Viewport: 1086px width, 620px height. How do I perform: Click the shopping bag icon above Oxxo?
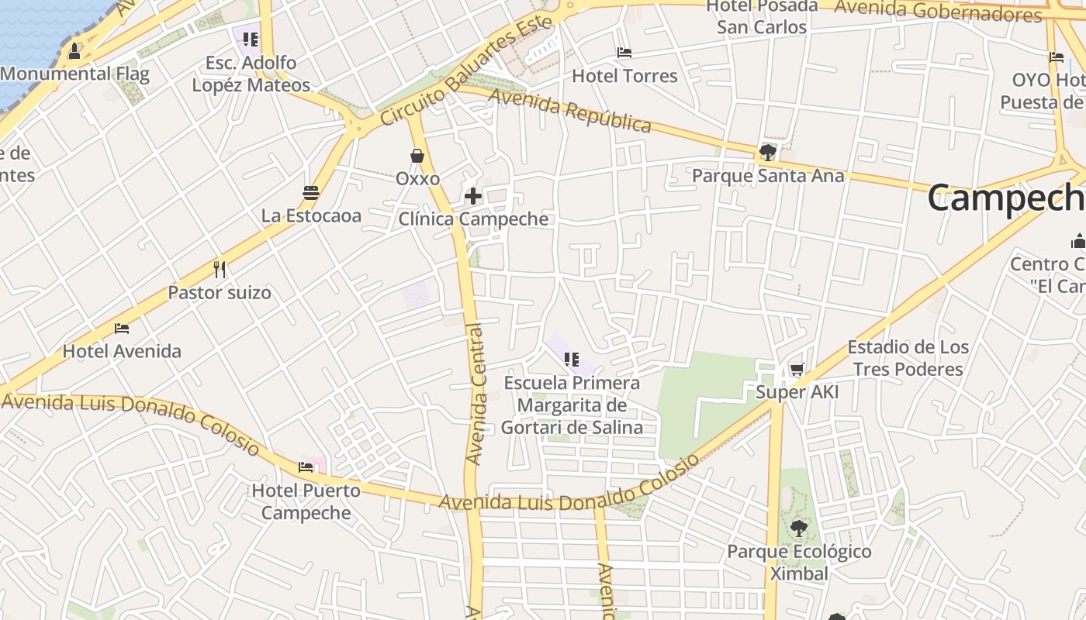click(417, 156)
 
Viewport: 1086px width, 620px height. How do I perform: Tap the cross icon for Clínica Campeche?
click(472, 196)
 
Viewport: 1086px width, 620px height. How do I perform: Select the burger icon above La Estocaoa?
click(311, 192)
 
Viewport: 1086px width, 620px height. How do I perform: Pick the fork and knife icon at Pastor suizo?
click(220, 270)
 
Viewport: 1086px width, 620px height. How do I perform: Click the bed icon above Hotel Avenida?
click(122, 328)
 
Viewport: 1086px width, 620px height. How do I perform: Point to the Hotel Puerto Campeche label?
click(306, 501)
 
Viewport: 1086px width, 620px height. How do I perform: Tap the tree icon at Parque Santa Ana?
click(767, 153)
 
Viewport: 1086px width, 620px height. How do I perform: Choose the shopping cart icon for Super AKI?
click(797, 370)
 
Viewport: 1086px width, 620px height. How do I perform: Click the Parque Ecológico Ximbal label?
click(799, 563)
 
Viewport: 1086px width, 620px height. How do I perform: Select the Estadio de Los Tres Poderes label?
click(908, 357)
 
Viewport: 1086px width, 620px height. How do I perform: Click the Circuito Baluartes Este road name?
click(465, 69)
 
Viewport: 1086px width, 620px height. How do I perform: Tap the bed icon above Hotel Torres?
click(624, 53)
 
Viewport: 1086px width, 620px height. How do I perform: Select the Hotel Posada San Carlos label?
click(762, 16)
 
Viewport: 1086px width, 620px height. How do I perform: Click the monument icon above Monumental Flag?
click(74, 51)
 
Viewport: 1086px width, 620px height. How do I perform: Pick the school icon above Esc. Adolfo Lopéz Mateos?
click(250, 39)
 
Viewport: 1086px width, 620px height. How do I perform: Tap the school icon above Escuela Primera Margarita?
click(572, 359)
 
